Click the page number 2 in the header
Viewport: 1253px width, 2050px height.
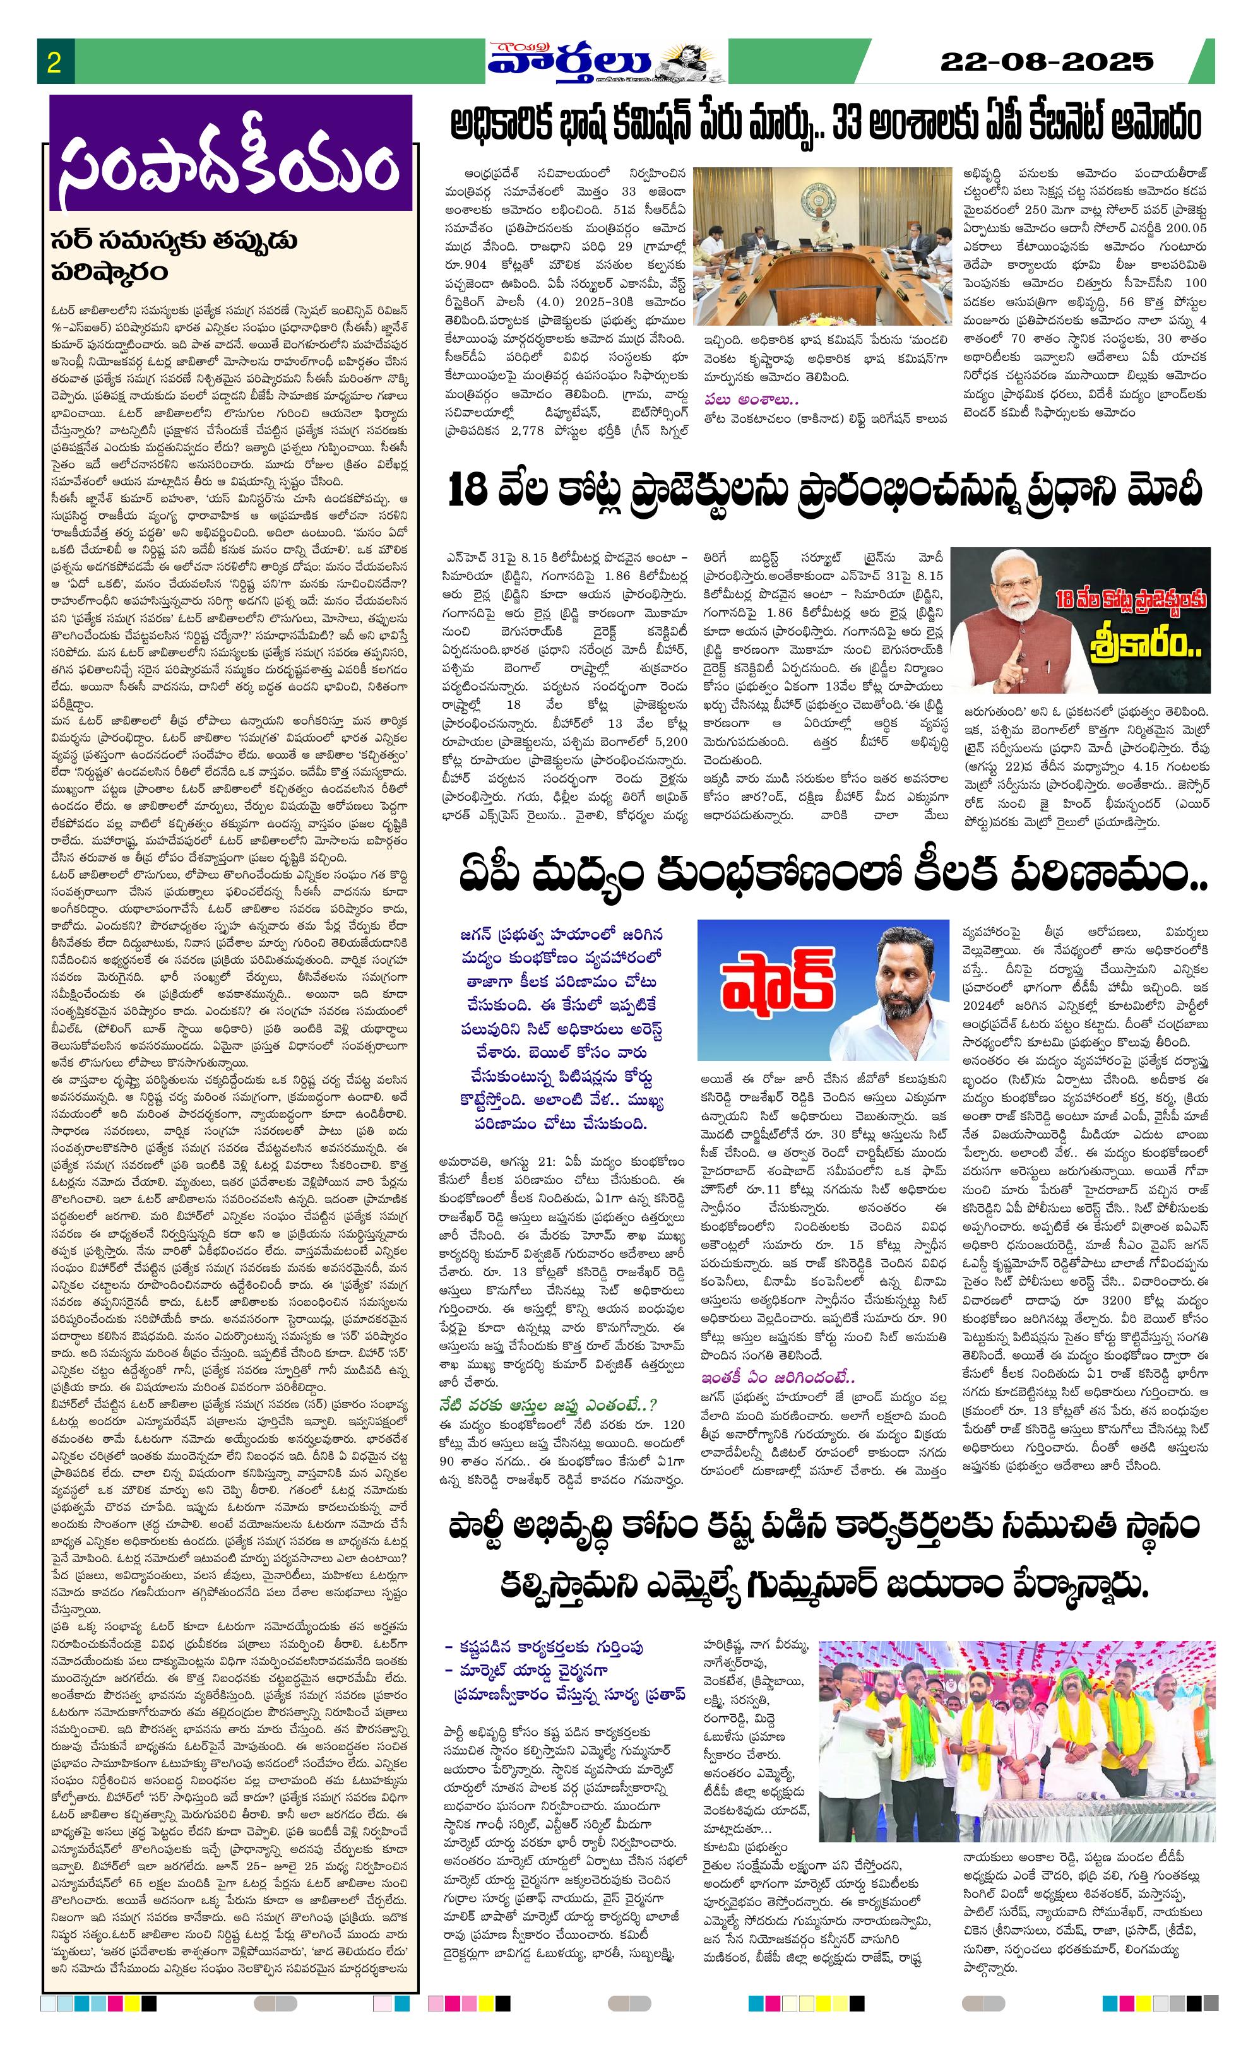pyautogui.click(x=54, y=63)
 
